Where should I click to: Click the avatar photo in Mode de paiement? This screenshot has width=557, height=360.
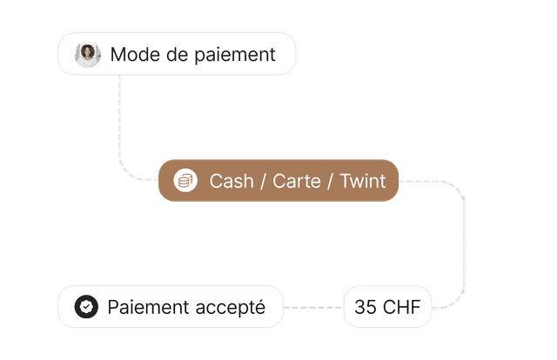pos(88,55)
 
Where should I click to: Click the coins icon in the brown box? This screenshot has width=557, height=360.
pos(185,181)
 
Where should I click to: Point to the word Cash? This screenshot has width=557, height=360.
pos(232,181)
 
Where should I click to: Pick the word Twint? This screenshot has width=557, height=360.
pos(362,181)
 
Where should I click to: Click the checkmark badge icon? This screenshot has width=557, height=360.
pos(85,307)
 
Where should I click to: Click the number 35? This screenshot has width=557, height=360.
pos(366,307)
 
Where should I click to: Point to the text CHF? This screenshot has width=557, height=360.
pos(400,307)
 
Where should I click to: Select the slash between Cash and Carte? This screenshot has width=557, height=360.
pos(263,181)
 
